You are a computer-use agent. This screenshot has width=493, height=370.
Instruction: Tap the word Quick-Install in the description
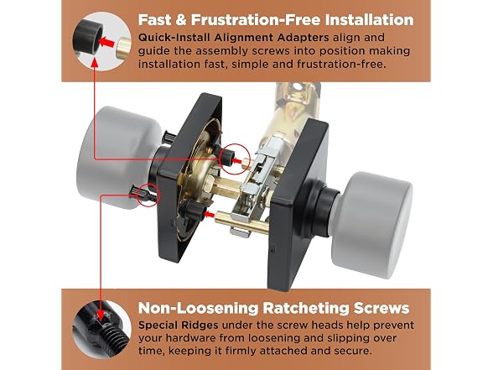[x=174, y=38]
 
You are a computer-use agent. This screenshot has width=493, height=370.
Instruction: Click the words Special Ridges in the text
[x=179, y=325]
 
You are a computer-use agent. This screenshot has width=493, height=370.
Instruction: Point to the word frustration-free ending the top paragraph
[x=341, y=64]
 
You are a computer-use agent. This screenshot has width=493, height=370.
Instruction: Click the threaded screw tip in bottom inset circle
[x=118, y=339]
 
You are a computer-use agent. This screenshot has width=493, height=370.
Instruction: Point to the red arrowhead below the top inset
[x=94, y=63]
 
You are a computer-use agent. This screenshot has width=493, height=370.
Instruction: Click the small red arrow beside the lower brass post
[x=209, y=215]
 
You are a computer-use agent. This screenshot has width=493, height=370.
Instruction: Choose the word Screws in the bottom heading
[x=381, y=308]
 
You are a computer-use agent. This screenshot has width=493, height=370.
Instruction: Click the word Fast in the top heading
[x=154, y=19]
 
